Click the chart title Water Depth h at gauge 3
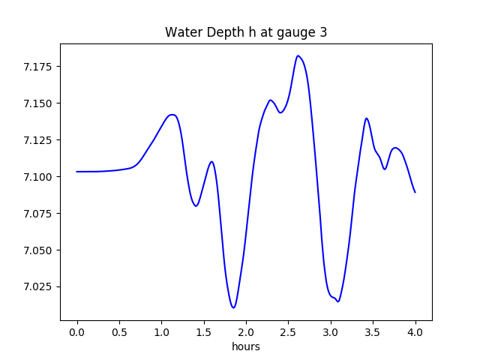pyautogui.click(x=246, y=32)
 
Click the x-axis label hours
pyautogui.click(x=246, y=347)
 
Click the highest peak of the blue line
pyautogui.click(x=298, y=55)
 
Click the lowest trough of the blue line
pyautogui.click(x=234, y=307)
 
